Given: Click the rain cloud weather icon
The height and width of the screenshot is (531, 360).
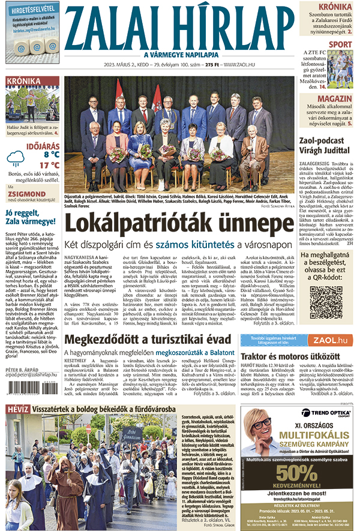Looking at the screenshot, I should tap(16, 158).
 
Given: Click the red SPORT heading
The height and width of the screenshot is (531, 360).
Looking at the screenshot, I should tap(340, 44).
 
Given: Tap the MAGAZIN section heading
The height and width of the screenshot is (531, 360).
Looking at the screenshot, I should tap(335, 98).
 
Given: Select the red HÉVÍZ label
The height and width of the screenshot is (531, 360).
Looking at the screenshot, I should tap(17, 410).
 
